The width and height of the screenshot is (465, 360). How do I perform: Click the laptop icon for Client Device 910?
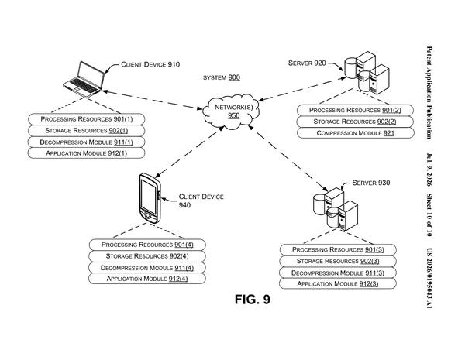coord(84,79)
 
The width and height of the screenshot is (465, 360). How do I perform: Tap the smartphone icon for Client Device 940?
coord(150,198)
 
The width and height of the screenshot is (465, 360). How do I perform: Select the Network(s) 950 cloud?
coord(231,111)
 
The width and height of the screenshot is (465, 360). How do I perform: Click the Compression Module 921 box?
coord(355,133)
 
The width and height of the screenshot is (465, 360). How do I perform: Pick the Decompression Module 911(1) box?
coord(86,142)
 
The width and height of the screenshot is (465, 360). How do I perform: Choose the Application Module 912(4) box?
coord(147,279)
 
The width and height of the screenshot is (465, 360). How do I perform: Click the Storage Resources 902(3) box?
coord(338,261)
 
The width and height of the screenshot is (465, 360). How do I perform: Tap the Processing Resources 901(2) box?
coord(355,110)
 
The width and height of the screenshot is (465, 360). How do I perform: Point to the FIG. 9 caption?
coord(253,300)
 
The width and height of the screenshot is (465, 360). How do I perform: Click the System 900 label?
coord(222,77)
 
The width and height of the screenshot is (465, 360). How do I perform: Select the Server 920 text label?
coord(307,63)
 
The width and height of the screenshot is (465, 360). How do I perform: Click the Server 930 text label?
coord(371,183)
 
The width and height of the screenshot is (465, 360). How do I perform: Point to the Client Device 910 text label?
coord(150,64)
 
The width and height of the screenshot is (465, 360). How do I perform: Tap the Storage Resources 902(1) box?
coord(86,131)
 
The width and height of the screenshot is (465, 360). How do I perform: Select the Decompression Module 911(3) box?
coord(338,273)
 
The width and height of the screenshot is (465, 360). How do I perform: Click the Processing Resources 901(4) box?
coord(147,245)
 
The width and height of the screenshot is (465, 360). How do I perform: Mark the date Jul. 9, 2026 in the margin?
coord(429,170)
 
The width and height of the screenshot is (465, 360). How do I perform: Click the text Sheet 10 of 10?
coord(429,215)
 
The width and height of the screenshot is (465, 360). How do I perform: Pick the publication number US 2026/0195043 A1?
coord(429,278)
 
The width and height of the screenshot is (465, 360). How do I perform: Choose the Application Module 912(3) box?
coord(338,284)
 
